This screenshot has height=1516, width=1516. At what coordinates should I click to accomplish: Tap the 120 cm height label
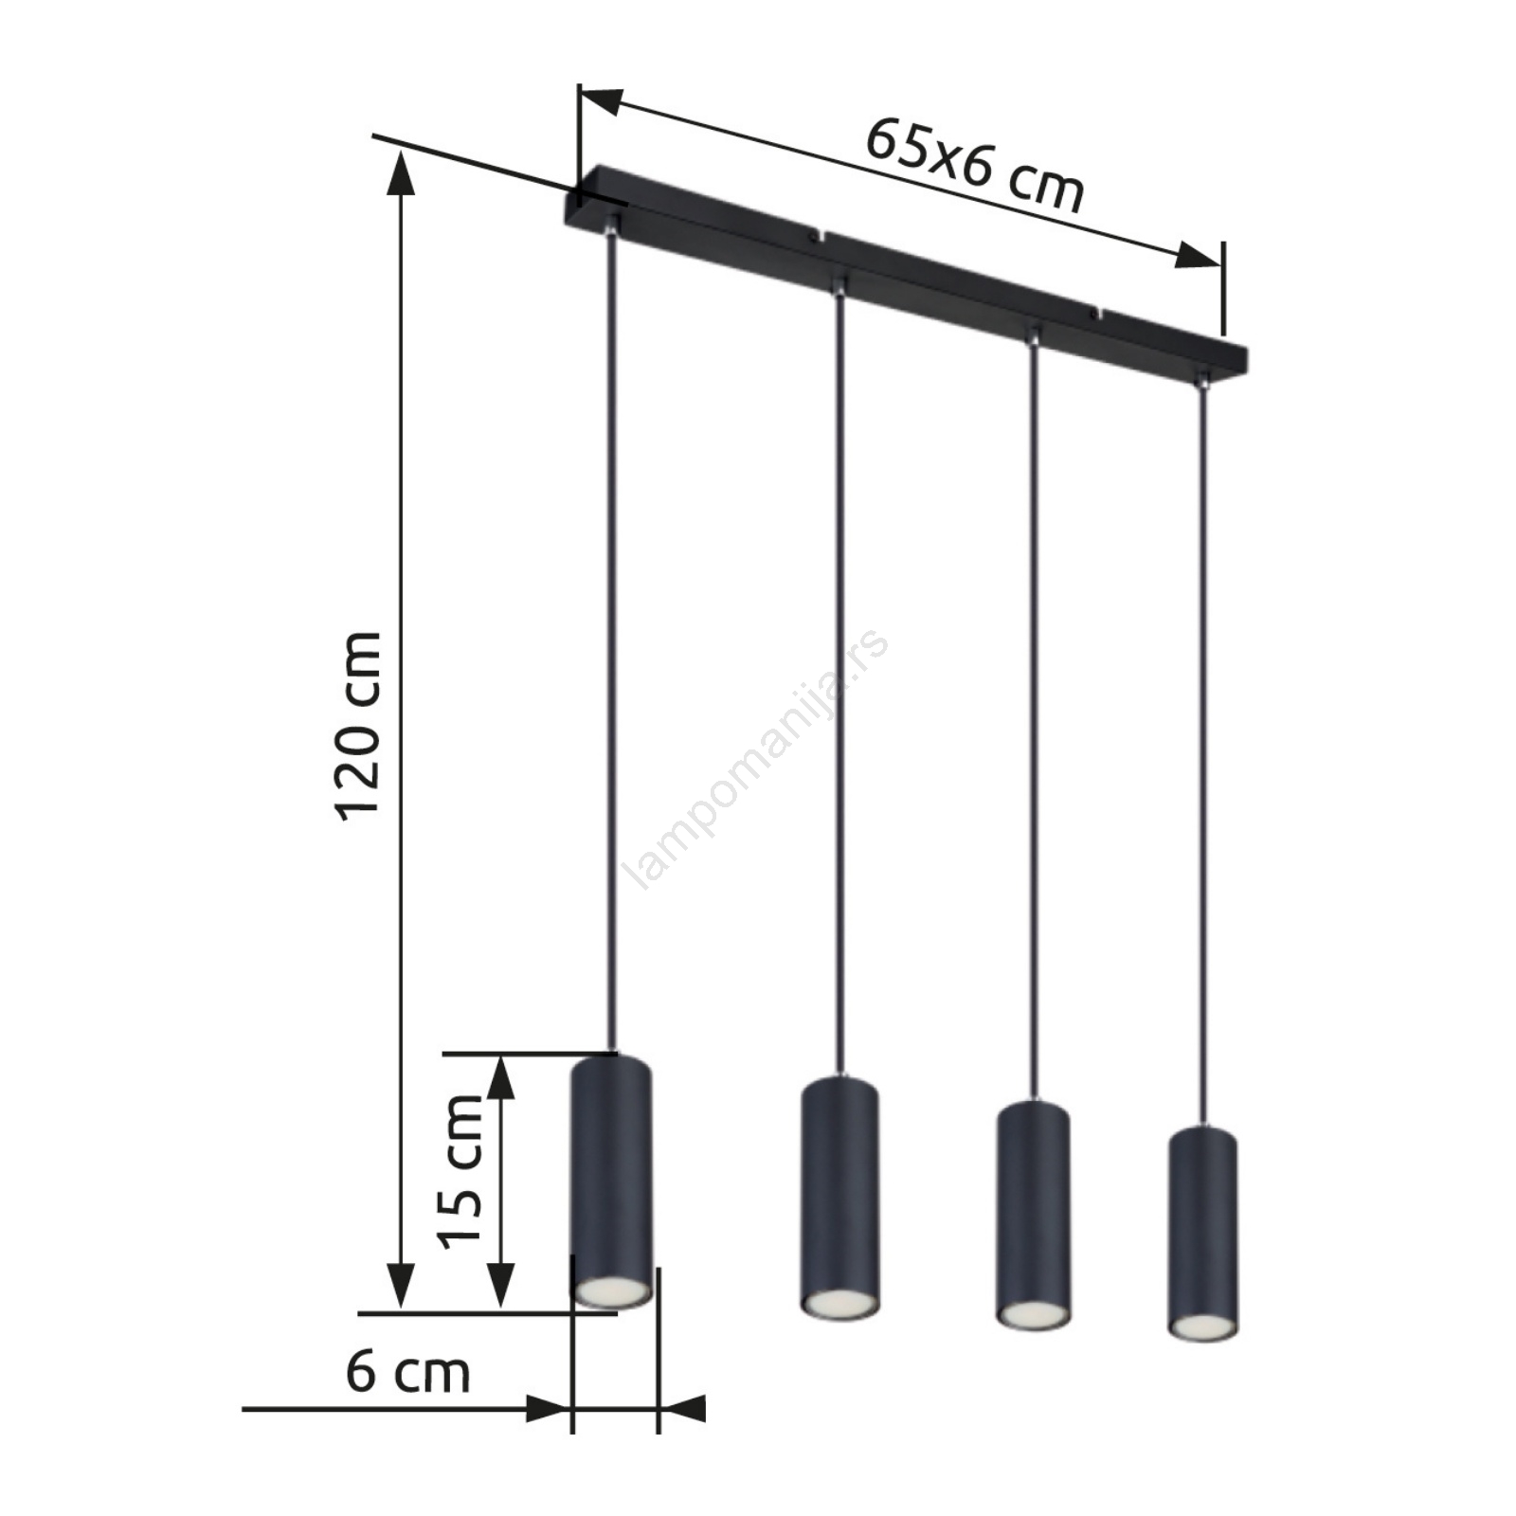pyautogui.click(x=359, y=726)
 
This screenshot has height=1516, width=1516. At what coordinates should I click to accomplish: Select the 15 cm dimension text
pyautogui.click(x=460, y=1171)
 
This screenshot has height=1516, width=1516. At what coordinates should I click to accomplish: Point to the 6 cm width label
pyautogui.click(x=407, y=1371)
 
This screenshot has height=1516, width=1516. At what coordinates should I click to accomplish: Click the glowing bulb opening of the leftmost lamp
pyautogui.click(x=611, y=1290)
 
